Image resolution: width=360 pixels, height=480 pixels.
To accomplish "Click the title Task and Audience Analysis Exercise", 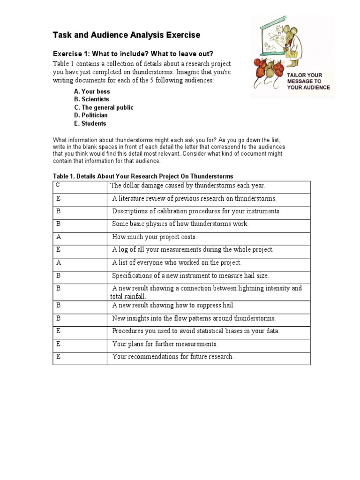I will pyautogui.click(x=126, y=35).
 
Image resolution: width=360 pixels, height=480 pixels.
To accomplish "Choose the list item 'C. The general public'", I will pyautogui.click(x=104, y=107).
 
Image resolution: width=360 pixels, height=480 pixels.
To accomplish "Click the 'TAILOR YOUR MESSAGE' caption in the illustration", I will pyautogui.click(x=308, y=81).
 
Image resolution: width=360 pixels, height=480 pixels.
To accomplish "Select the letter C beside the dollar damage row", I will pyautogui.click(x=58, y=185).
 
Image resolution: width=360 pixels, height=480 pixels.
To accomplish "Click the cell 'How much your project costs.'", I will pyautogui.click(x=154, y=237).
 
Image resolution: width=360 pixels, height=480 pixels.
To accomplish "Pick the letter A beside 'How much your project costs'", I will pyautogui.click(x=59, y=237).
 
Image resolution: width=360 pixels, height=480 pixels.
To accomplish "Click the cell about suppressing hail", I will pyautogui.click(x=173, y=306).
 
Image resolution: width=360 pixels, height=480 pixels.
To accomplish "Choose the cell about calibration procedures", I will pyautogui.click(x=196, y=211).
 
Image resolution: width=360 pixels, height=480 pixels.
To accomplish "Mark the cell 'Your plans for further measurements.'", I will pyautogui.click(x=165, y=344).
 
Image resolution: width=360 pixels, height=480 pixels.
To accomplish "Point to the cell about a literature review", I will pyautogui.click(x=194, y=199).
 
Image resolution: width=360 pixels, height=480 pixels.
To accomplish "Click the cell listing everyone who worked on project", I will pyautogui.click(x=177, y=263).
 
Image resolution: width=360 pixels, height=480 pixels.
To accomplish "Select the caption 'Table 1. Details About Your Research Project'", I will pyautogui.click(x=143, y=176).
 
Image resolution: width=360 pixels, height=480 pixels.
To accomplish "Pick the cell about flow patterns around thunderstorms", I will pyautogui.click(x=194, y=318).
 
